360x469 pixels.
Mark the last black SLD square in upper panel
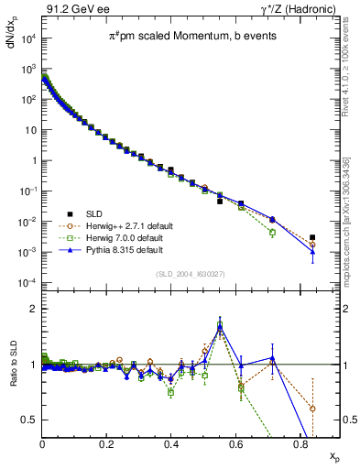point(312,237)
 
